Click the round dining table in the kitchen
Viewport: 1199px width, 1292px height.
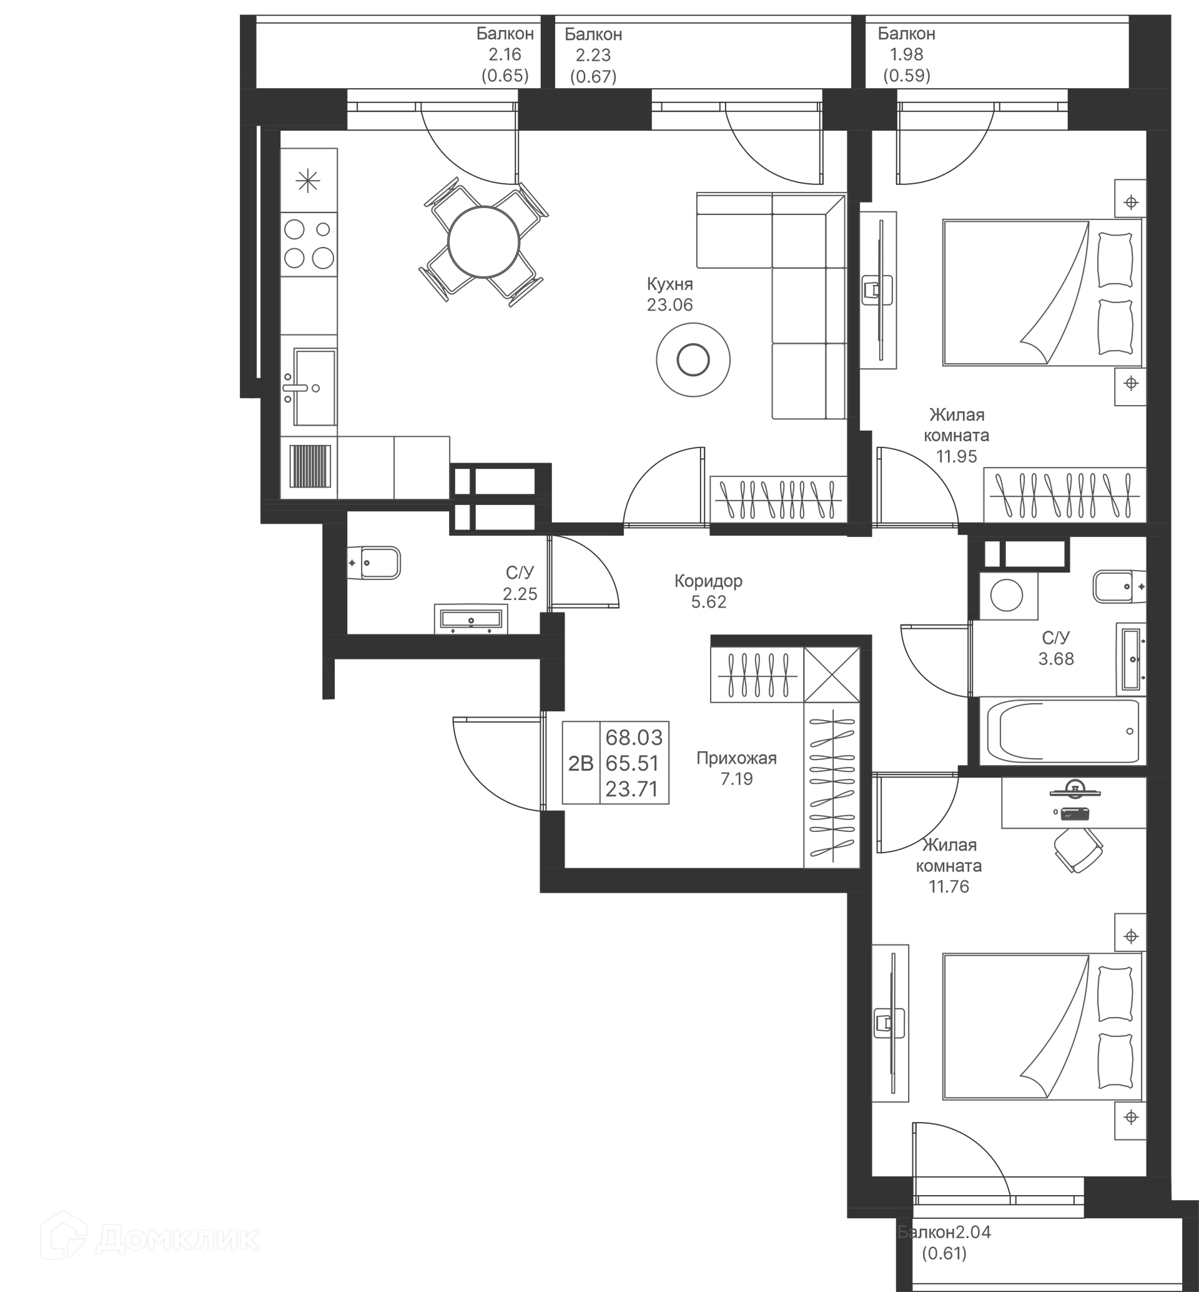(483, 242)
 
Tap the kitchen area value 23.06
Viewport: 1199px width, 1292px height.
(669, 304)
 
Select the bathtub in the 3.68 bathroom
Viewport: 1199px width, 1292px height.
(1062, 732)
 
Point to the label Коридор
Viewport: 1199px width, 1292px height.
(709, 581)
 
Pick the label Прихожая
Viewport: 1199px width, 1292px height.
(736, 758)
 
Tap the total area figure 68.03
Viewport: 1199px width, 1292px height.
(634, 738)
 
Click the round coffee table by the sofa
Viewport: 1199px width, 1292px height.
(693, 359)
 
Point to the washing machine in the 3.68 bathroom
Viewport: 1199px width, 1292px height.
(1007, 595)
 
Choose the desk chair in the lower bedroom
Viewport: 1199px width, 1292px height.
(1078, 849)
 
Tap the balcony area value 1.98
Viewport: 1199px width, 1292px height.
(906, 54)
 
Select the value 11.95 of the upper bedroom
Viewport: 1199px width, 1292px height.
(956, 456)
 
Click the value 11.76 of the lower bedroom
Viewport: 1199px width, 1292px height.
(949, 886)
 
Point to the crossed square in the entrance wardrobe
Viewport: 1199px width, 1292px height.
(832, 674)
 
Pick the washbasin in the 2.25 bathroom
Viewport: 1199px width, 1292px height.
(471, 619)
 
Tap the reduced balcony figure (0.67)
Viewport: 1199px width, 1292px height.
(593, 77)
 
